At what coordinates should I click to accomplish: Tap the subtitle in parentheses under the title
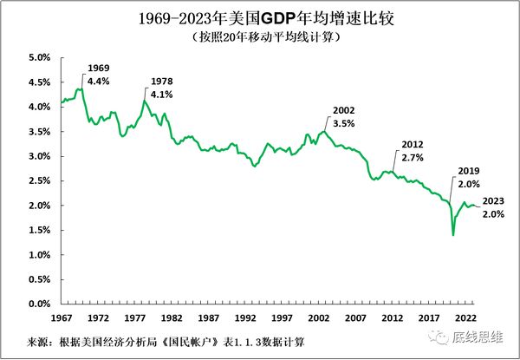pyautogui.click(x=259, y=38)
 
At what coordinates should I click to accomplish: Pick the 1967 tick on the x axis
pyautogui.click(x=62, y=317)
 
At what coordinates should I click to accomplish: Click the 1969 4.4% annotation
pyautogui.click(x=98, y=74)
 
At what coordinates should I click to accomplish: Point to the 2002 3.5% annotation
pyautogui.click(x=345, y=117)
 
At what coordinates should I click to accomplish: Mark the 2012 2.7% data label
pyautogui.click(x=413, y=152)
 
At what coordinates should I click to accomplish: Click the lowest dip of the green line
pyautogui.click(x=453, y=235)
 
